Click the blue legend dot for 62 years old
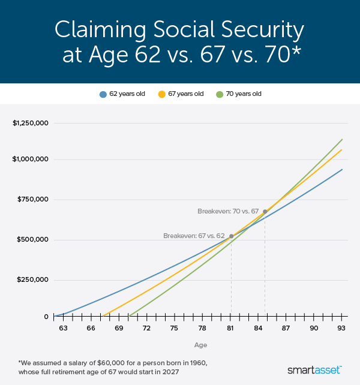(103, 94)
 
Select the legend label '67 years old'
(186, 94)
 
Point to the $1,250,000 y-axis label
(30, 123)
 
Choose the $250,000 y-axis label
(32, 279)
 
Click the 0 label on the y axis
(46, 317)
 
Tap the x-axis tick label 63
(62, 329)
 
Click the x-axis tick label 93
(341, 329)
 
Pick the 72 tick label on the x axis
(146, 329)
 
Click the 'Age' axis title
(200, 345)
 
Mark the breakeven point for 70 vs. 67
(265, 212)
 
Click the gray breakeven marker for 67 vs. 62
(231, 236)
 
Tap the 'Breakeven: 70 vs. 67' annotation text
(228, 212)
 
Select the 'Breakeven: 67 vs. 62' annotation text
(194, 236)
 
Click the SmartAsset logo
(314, 369)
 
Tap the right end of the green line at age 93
(341, 140)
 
